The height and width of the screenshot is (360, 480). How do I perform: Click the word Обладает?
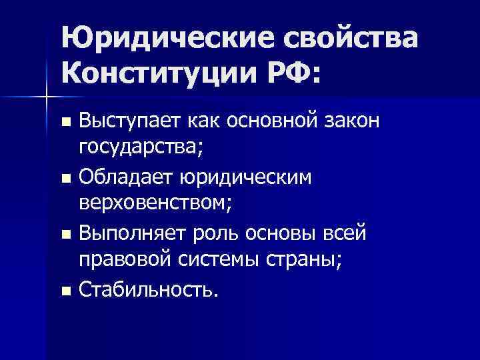(125, 178)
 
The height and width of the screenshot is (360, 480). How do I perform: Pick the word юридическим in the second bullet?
(246, 178)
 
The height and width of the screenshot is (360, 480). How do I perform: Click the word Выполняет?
(133, 234)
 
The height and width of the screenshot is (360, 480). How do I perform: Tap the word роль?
(216, 234)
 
